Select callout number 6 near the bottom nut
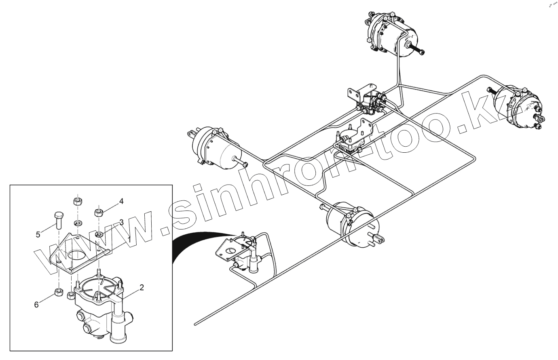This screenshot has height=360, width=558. coord(36,305)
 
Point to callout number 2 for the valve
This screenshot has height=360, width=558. coord(141,288)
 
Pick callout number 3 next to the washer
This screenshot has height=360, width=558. coord(121,222)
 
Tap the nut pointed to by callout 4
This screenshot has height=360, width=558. coord(98,211)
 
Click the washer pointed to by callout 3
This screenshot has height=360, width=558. coord(99,234)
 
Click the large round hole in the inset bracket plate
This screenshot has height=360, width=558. coord(76,255)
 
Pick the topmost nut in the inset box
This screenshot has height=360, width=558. coord(77,201)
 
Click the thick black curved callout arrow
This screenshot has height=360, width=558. coord(194,242)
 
